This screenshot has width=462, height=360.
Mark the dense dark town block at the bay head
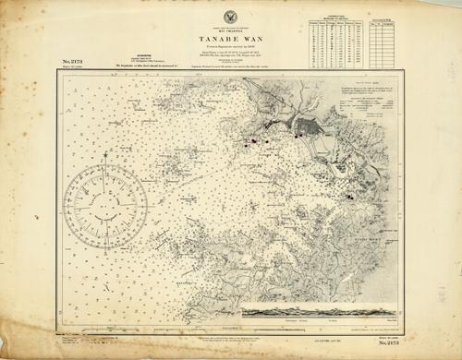[305, 126]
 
